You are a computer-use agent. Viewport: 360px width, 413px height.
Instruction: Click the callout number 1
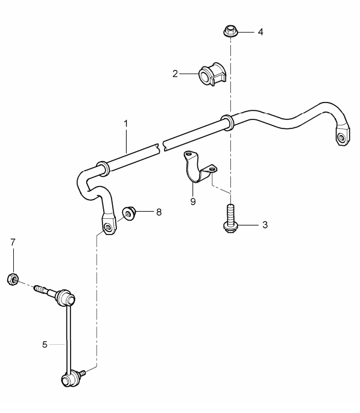click(126, 124)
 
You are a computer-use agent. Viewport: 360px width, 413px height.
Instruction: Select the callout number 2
click(175, 74)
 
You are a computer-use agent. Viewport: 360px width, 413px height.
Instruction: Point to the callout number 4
click(261, 31)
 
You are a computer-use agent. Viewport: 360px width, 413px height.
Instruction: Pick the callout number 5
click(45, 344)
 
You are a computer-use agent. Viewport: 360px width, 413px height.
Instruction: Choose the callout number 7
click(13, 242)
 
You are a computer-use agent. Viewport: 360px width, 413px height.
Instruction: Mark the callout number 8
click(159, 212)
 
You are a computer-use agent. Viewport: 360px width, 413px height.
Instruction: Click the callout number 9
click(193, 201)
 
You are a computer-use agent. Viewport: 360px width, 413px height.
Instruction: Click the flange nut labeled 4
click(230, 31)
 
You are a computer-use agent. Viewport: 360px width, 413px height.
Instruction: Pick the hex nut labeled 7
click(13, 279)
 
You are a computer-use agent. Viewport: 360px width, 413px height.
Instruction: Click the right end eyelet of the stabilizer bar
click(342, 139)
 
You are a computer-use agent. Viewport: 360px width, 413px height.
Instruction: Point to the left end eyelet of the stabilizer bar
click(108, 227)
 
